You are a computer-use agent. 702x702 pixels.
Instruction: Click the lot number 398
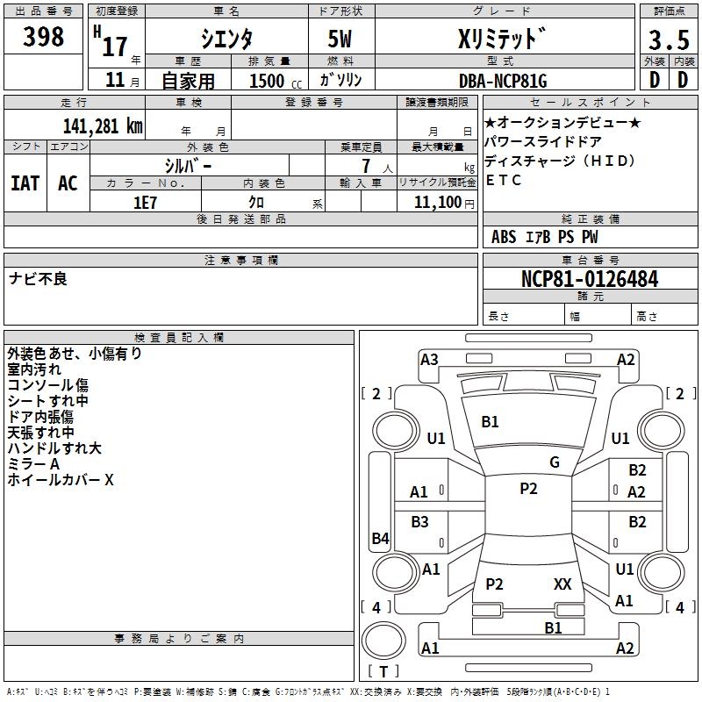coord(45,37)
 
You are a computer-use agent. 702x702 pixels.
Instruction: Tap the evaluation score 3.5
coord(668,41)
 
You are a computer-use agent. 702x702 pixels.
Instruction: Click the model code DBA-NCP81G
coord(503,81)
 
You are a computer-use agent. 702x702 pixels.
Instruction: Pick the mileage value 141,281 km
coord(103,125)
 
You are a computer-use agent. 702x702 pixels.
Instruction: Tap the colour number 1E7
coord(145,201)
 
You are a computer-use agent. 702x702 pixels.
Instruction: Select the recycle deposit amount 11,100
coord(437,202)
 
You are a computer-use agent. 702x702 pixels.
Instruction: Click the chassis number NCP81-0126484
coord(590,279)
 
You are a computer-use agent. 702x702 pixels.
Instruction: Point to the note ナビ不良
coord(38,279)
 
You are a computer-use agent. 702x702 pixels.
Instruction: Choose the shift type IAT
coord(25,183)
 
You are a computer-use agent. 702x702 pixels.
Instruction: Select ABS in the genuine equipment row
coord(504,237)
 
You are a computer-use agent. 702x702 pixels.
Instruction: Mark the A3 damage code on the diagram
coord(429,359)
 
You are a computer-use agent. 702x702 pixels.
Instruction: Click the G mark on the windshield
coord(555,462)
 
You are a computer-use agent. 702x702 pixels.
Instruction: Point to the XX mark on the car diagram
coord(562,584)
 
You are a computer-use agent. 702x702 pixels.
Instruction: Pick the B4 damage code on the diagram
coord(380,539)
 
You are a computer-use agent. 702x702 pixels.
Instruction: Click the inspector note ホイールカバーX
coord(61,481)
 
